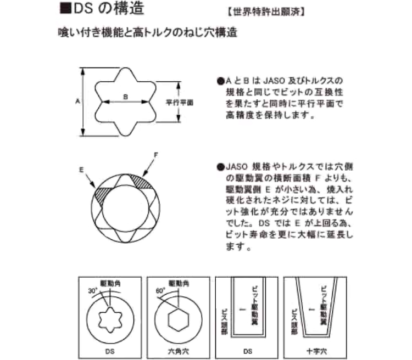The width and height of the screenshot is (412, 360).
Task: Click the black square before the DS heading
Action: [65, 8]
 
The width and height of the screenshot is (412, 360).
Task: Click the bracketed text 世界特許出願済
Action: [266, 12]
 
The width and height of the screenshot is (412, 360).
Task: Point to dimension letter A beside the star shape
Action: [77, 101]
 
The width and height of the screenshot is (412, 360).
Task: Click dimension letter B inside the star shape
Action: [126, 97]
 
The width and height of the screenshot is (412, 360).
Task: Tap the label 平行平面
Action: [180, 103]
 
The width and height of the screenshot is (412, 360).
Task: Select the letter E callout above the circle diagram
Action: [81, 170]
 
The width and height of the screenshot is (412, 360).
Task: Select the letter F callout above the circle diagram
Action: [156, 155]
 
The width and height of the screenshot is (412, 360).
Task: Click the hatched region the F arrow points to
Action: [141, 182]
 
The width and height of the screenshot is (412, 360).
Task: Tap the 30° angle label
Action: [93, 291]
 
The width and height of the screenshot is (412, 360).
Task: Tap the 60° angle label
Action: [160, 291]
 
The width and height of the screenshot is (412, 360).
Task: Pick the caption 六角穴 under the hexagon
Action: [179, 351]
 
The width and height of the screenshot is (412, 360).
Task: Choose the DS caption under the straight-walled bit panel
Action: [248, 351]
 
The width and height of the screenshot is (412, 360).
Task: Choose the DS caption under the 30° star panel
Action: [110, 351]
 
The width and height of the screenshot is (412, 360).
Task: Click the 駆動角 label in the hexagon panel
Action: [179, 284]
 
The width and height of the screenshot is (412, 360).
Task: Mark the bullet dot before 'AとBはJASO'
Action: [221, 81]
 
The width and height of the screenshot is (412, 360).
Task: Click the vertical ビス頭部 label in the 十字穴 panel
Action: [294, 322]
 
